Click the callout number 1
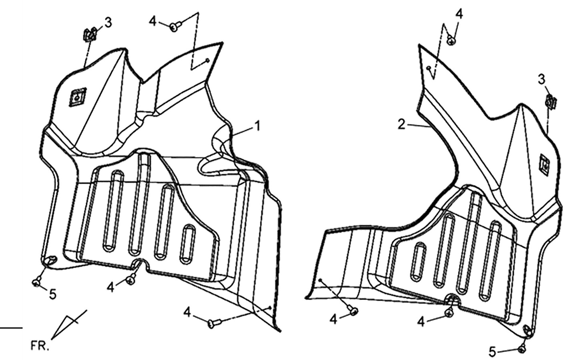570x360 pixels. (257, 126)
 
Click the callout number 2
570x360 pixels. (401, 124)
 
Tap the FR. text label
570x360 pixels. (40, 346)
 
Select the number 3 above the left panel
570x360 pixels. (108, 23)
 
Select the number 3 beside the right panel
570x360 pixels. (542, 80)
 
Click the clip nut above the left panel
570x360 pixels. (90, 35)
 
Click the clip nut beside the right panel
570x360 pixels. (551, 101)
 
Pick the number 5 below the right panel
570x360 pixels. (493, 352)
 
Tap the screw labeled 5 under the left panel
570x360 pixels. (36, 282)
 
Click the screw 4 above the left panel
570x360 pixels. (175, 26)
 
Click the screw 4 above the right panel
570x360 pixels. (451, 41)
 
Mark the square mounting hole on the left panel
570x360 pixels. (78, 98)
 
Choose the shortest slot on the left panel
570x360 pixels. (188, 244)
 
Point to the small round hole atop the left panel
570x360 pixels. (208, 60)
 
